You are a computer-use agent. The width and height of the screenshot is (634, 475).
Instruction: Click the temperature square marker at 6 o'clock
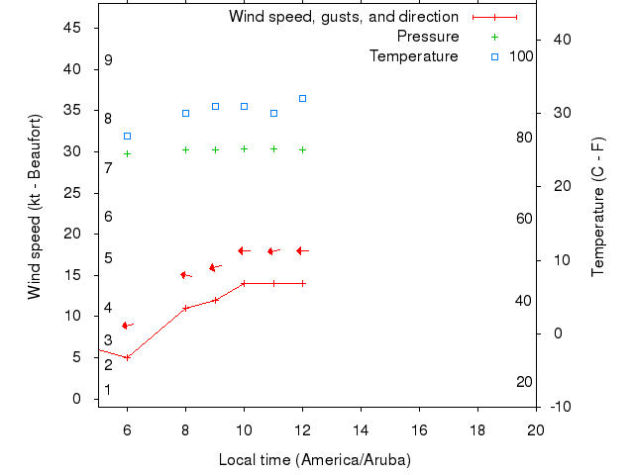[127, 136]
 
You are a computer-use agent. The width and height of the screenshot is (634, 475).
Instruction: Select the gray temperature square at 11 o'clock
[273, 113]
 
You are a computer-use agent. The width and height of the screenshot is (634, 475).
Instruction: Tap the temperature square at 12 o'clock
[302, 98]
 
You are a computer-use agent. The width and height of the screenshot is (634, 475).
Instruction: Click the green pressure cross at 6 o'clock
[127, 153]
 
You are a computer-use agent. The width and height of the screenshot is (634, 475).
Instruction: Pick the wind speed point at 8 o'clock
[185, 308]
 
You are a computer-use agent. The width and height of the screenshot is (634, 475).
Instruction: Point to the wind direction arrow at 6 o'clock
[127, 325]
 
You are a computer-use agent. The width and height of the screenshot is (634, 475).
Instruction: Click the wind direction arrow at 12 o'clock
[301, 250]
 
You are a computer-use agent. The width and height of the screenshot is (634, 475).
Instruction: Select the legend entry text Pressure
[427, 37]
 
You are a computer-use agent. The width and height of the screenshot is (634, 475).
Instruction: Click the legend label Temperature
[413, 56]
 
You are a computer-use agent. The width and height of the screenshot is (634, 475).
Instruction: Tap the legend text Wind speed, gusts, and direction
[343, 17]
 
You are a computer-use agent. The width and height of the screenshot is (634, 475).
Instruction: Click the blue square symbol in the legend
[494, 56]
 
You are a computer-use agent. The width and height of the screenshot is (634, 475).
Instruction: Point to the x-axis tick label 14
[361, 428]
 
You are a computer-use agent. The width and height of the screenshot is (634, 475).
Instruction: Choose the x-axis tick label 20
[536, 428]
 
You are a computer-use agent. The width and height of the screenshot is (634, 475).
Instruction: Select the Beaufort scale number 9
[108, 60]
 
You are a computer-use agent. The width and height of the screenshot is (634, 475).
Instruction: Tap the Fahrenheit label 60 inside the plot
[524, 219]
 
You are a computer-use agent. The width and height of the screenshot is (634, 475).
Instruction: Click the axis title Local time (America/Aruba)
[314, 460]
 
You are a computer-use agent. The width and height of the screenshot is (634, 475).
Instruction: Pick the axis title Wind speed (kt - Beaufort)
[35, 206]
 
